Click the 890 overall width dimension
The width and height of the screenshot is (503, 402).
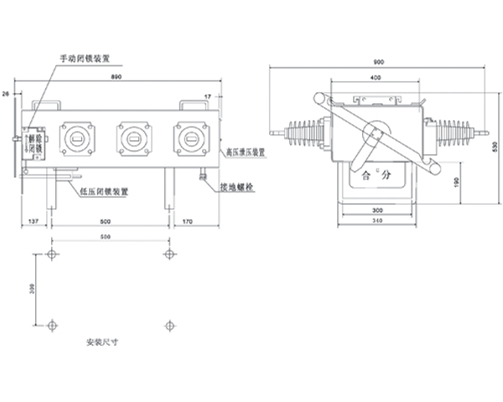117,77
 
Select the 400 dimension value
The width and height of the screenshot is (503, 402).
374,77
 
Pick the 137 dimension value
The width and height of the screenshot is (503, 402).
34,222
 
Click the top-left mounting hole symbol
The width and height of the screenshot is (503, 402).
53,253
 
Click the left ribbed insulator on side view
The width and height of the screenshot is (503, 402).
302,133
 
